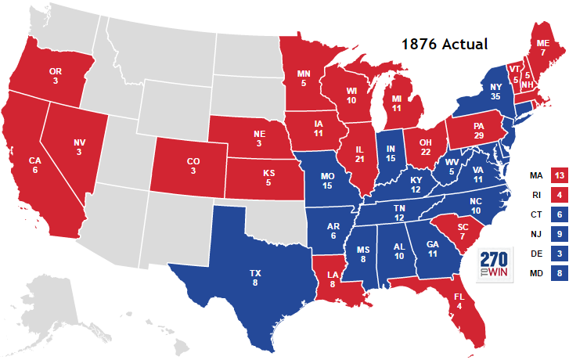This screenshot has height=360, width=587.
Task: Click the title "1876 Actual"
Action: [x=445, y=45]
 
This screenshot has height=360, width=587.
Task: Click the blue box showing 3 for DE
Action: [x=560, y=254]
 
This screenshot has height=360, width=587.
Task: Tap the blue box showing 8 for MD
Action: [x=560, y=274]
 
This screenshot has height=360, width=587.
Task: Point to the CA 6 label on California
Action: [x=35, y=165]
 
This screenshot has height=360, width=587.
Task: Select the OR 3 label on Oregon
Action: [x=56, y=76]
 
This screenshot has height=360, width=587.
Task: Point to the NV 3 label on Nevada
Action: [x=78, y=147]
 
